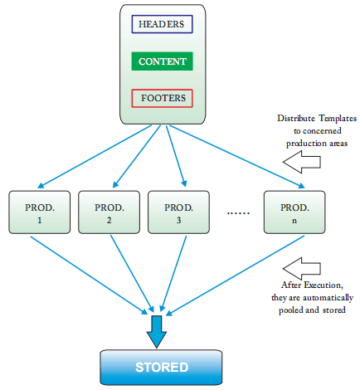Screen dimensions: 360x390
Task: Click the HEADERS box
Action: pyautogui.click(x=162, y=24)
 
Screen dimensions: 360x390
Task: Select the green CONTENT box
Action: pyautogui.click(x=162, y=61)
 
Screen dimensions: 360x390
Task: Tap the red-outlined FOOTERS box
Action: pyautogui.click(x=162, y=98)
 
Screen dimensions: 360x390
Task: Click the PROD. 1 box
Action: pyautogui.click(x=40, y=212)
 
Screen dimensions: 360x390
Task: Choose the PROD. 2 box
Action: pyautogui.click(x=109, y=212)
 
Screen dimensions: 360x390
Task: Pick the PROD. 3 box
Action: pyautogui.click(x=178, y=212)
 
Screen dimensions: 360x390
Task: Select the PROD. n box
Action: pyautogui.click(x=294, y=212)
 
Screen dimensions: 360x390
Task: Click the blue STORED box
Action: pyautogui.click(x=161, y=368)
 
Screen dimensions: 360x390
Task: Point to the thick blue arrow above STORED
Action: pyautogui.click(x=157, y=332)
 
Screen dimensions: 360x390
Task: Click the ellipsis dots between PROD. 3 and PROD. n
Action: pyautogui.click(x=238, y=213)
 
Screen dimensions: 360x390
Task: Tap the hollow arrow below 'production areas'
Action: pyautogui.click(x=302, y=162)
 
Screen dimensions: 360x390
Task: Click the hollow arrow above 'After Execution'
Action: pyautogui.click(x=302, y=269)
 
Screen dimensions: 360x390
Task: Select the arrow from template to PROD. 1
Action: pyautogui.click(x=95, y=157)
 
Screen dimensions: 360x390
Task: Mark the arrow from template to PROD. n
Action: pyautogui.click(x=237, y=157)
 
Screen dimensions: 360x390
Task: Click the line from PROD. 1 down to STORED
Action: pyautogui.click(x=89, y=275)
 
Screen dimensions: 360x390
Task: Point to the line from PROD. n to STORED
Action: pyautogui.click(x=235, y=275)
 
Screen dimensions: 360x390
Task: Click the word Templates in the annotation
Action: pyautogui.click(x=338, y=119)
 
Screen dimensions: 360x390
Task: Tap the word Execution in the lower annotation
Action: pyautogui.click(x=324, y=285)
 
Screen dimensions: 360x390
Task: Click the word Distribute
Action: pyautogui.click(x=296, y=118)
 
